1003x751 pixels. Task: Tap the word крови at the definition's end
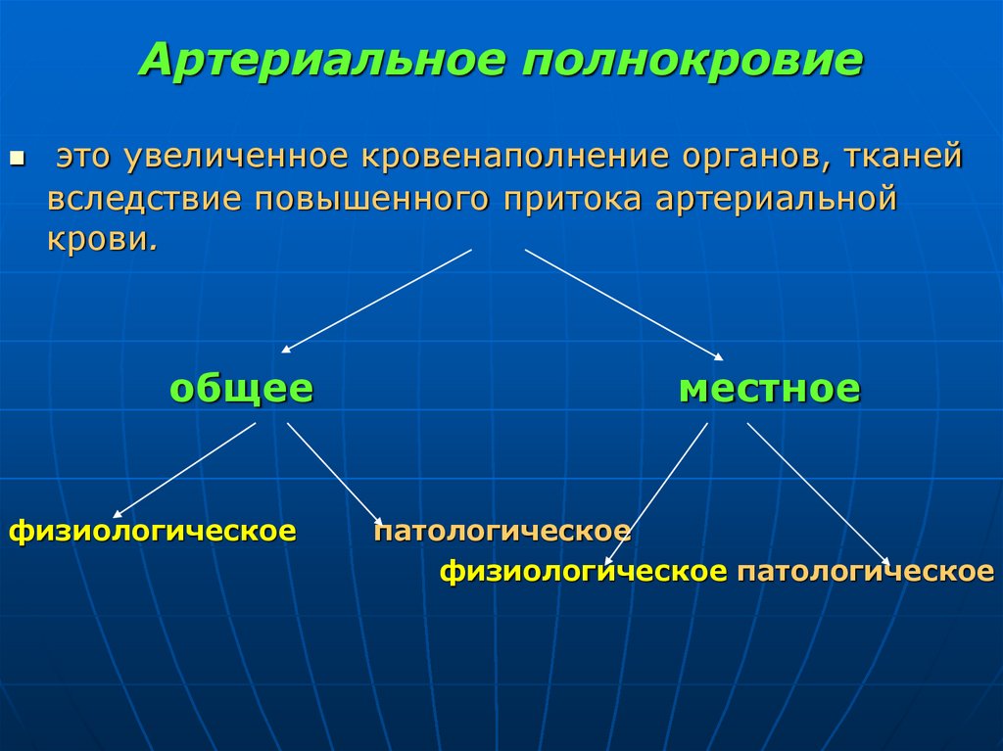tap(99, 239)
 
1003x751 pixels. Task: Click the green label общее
tap(241, 389)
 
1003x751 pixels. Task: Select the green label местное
tap(769, 389)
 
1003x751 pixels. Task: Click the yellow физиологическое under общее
tap(153, 533)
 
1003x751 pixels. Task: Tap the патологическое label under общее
tap(502, 533)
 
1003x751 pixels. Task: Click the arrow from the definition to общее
tap(376, 301)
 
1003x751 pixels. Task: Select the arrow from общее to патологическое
tap(334, 474)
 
